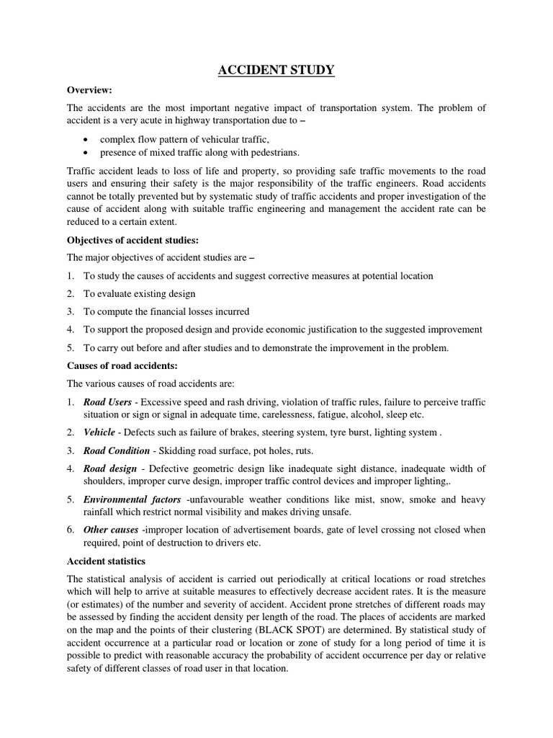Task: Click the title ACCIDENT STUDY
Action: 276,70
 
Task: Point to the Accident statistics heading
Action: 106,561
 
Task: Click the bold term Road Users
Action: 108,402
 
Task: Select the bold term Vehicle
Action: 99,432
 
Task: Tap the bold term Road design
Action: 110,468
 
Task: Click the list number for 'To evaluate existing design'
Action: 71,294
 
